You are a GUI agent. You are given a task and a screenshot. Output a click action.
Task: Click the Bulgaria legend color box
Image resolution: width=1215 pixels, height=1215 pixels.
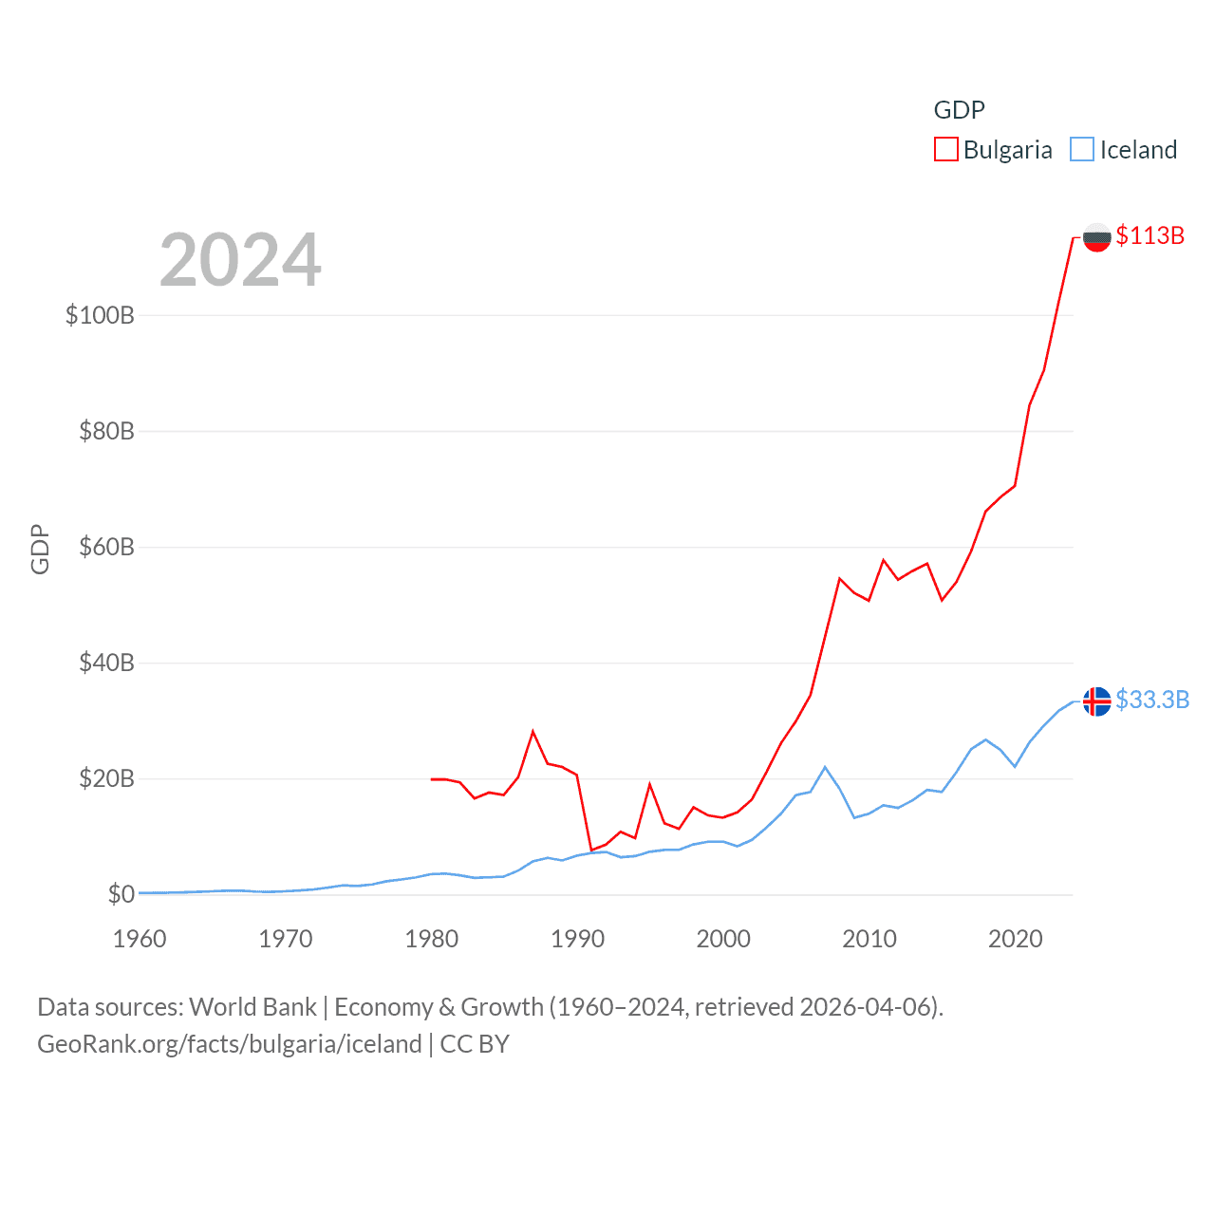[945, 149]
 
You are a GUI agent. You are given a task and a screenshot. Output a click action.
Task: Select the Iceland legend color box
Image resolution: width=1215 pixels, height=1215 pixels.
[1082, 149]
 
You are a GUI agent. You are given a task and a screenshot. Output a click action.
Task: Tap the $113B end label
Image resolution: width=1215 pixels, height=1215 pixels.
[1150, 235]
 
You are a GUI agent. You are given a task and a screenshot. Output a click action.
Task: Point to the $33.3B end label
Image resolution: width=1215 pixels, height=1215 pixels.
[1152, 700]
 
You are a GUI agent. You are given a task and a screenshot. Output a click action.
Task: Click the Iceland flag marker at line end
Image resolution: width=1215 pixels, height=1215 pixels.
[1096, 701]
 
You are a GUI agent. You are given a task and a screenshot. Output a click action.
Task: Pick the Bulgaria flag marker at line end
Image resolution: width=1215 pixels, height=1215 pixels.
[1096, 237]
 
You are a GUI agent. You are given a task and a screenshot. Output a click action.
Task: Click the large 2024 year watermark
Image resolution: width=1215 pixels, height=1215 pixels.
[240, 260]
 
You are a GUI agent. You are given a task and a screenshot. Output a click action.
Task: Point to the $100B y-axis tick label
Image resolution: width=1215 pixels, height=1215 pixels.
[100, 315]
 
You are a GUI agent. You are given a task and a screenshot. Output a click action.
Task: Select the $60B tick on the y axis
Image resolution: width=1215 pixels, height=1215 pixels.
[106, 547]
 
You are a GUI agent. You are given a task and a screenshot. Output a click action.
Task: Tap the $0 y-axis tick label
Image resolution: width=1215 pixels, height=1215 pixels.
[121, 894]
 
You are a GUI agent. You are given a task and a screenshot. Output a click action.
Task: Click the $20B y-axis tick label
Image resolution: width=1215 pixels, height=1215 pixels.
[106, 778]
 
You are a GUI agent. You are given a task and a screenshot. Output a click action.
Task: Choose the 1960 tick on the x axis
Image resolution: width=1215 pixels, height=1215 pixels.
[140, 939]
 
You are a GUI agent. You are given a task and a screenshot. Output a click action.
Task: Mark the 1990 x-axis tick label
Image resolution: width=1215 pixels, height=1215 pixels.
[577, 939]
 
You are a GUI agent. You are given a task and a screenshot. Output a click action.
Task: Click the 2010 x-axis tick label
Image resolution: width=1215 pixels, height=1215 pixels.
[869, 939]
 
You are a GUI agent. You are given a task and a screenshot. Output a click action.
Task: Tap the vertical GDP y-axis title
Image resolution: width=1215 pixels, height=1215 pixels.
[40, 549]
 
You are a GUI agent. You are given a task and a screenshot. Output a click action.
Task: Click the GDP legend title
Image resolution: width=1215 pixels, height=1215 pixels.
[959, 110]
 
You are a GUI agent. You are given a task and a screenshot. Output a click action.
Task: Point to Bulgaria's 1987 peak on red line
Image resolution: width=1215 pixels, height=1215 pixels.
[533, 731]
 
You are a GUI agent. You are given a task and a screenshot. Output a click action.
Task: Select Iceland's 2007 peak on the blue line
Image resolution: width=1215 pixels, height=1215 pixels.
[825, 767]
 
